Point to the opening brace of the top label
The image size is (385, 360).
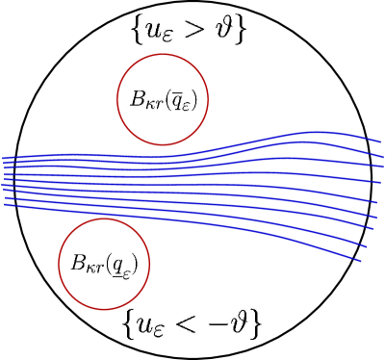(x=137, y=30)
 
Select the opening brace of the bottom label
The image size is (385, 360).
(x=129, y=323)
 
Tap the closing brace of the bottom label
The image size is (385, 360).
(x=259, y=323)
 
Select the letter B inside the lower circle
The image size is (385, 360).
(x=79, y=262)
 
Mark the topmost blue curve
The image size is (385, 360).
(x=289, y=141)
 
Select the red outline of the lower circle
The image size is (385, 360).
(x=104, y=219)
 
